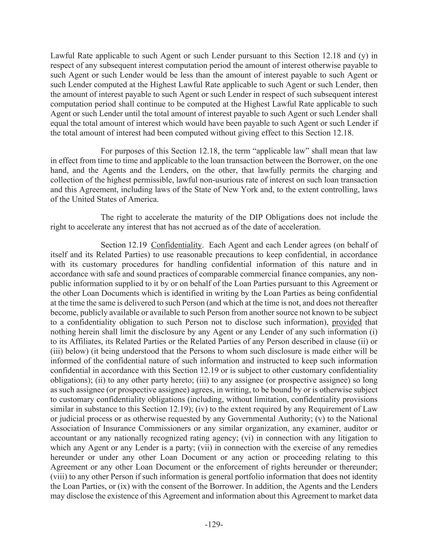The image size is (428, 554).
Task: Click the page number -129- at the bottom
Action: click(214, 524)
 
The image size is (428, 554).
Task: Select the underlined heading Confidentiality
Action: click(176, 245)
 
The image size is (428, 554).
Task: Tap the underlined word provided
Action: click(346, 322)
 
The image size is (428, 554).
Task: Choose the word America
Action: click(143, 199)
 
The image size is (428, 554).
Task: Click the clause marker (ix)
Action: click(123, 486)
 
